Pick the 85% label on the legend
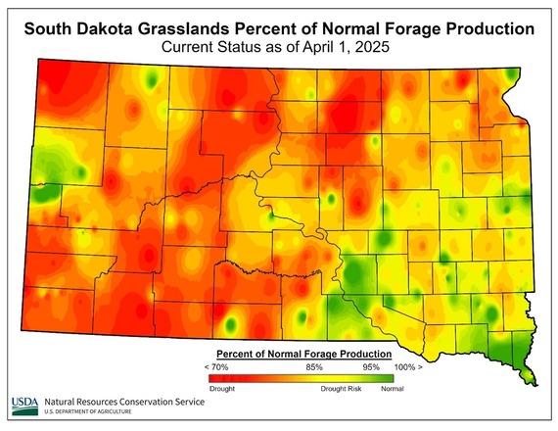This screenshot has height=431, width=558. (314, 366)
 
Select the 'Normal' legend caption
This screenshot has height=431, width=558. (392, 389)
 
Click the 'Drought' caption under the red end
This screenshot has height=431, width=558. (222, 389)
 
